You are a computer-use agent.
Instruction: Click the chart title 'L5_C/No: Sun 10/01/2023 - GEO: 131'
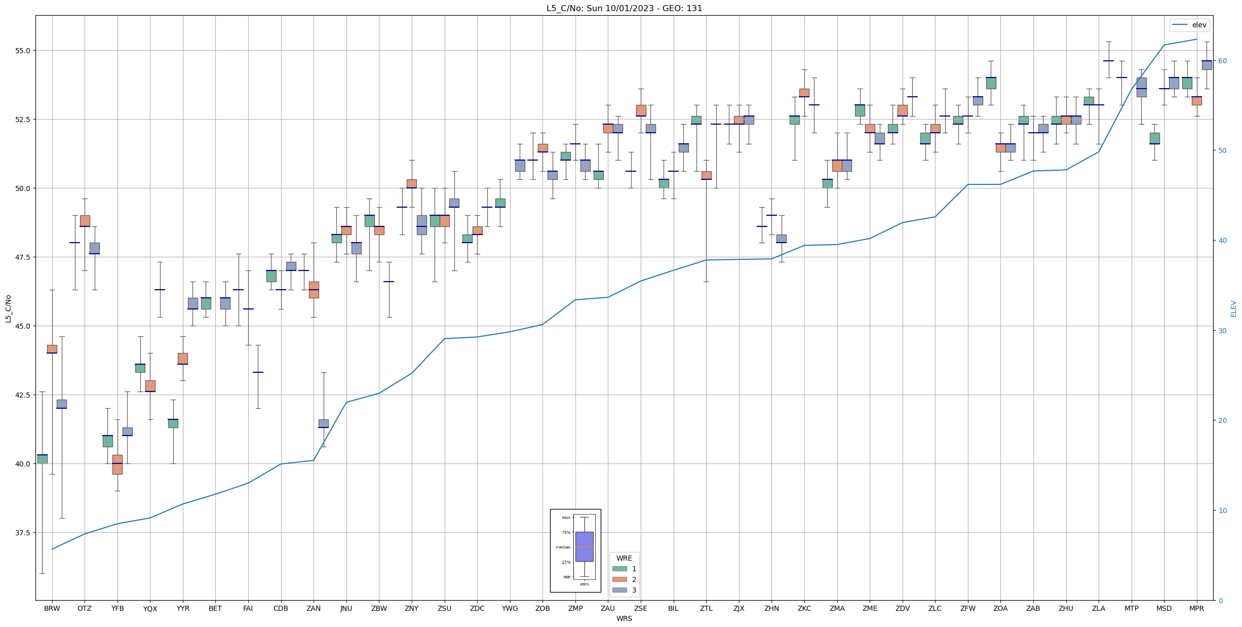624,8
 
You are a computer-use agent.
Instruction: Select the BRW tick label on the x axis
52,608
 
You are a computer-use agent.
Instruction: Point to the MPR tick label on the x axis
1196,608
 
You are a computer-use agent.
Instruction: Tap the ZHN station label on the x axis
771,608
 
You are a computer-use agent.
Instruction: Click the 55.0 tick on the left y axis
23,51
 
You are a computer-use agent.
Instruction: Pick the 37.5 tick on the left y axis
23,533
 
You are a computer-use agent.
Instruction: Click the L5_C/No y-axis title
8,308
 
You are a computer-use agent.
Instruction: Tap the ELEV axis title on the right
1233,308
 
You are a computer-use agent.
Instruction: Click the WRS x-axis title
624,618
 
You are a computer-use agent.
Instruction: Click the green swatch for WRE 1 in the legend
619,569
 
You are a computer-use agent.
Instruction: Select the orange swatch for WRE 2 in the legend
619,579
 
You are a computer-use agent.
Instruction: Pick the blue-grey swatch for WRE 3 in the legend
619,590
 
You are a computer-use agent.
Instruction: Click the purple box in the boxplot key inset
584,546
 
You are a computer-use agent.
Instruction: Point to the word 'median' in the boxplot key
563,547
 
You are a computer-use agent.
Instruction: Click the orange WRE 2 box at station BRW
52,349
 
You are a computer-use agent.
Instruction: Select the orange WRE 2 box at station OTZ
85,221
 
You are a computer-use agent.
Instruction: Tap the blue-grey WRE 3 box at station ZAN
323,423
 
